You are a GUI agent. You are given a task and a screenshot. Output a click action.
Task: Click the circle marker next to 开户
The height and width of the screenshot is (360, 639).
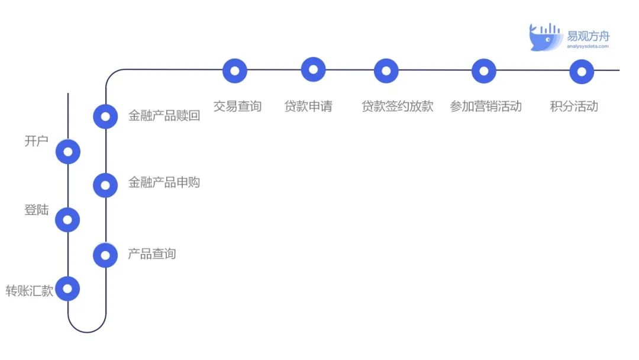pyautogui.click(x=68, y=152)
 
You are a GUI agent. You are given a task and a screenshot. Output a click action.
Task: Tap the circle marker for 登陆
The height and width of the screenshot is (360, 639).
pyautogui.click(x=67, y=220)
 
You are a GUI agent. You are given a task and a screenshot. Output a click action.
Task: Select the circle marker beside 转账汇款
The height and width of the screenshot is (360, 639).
pyautogui.click(x=67, y=289)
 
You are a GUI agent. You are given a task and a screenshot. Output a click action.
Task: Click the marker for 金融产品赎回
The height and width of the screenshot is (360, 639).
pyautogui.click(x=105, y=116)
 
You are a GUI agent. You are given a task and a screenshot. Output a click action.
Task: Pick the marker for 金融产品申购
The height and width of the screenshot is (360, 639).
pyautogui.click(x=105, y=185)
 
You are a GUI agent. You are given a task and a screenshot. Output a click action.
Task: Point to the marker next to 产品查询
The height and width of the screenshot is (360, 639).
pyautogui.click(x=105, y=255)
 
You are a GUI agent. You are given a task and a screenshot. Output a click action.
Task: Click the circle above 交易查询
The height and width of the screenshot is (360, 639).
pyautogui.click(x=235, y=70)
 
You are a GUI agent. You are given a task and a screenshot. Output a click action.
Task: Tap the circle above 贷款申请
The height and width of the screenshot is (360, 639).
pyautogui.click(x=313, y=69)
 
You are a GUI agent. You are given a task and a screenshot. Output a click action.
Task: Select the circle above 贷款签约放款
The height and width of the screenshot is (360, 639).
pyautogui.click(x=386, y=70)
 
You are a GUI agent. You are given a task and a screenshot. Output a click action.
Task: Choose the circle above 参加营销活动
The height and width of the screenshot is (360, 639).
pyautogui.click(x=484, y=71)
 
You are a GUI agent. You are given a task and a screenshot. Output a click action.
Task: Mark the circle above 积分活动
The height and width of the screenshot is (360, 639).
pyautogui.click(x=582, y=72)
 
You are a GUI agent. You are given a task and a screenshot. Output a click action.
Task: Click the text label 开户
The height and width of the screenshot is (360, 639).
pyautogui.click(x=36, y=142)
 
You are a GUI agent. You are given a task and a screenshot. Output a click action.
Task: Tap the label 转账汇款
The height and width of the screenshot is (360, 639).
pyautogui.click(x=30, y=291)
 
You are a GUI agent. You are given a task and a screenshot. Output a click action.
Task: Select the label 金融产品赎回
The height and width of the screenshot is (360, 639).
pyautogui.click(x=164, y=115)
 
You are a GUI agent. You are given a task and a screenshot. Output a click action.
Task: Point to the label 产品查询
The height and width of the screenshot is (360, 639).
pyautogui.click(x=152, y=254)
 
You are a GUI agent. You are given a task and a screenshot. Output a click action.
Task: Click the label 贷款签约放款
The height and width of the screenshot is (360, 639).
pyautogui.click(x=398, y=107)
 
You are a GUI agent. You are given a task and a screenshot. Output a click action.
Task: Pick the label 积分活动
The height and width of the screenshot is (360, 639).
pyautogui.click(x=574, y=107)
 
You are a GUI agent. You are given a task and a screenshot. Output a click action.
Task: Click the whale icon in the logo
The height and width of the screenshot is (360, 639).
pyautogui.click(x=546, y=37)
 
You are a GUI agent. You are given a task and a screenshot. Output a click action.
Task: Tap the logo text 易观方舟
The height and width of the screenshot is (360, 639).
pyautogui.click(x=588, y=36)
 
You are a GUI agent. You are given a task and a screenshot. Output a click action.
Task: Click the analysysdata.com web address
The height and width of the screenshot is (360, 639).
pyautogui.click(x=588, y=46)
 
